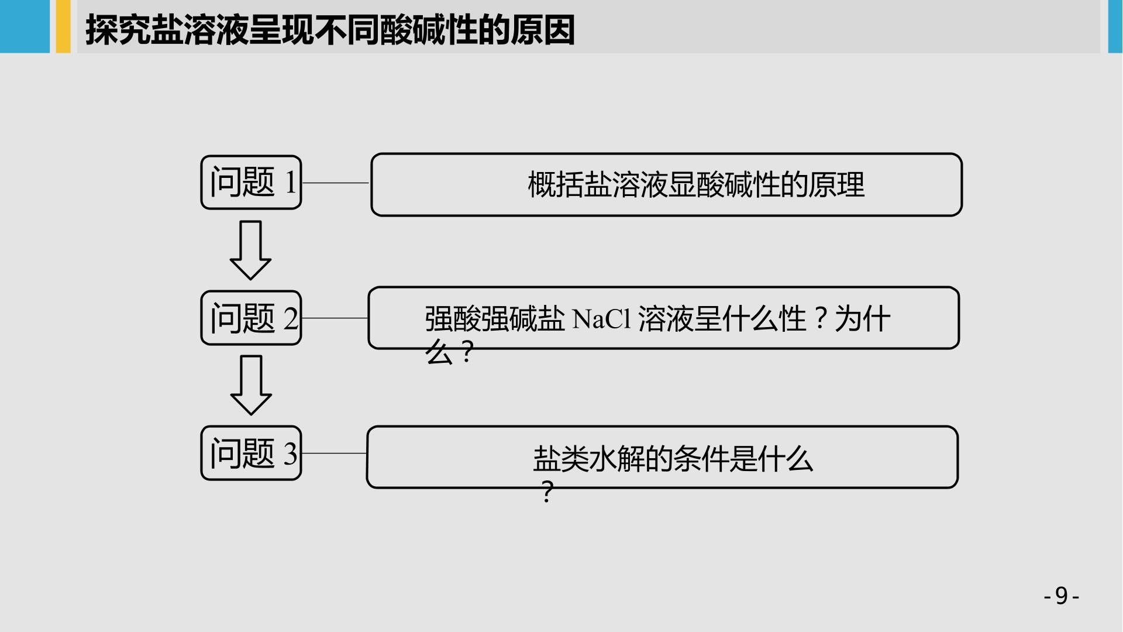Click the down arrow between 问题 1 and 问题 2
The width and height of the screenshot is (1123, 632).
(x=250, y=250)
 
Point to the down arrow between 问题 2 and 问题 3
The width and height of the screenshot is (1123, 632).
(x=251, y=385)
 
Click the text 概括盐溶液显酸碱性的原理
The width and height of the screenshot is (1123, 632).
(x=696, y=185)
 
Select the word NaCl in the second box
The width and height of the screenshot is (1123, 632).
(x=602, y=320)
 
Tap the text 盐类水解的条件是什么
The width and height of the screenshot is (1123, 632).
(x=673, y=459)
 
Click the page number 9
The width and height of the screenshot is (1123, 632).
(x=1062, y=596)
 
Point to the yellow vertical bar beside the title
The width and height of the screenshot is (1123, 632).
(x=63, y=26)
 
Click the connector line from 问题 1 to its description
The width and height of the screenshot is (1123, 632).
(x=336, y=183)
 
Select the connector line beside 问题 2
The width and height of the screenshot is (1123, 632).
(x=335, y=318)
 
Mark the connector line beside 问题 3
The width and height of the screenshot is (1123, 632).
(x=334, y=453)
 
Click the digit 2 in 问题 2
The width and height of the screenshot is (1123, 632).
(x=291, y=319)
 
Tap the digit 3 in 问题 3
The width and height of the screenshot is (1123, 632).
(x=291, y=454)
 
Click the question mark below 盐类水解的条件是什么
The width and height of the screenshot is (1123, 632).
(x=547, y=492)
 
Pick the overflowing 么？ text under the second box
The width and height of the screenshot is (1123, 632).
(x=450, y=353)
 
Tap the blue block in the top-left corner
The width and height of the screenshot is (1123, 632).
(x=25, y=26)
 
